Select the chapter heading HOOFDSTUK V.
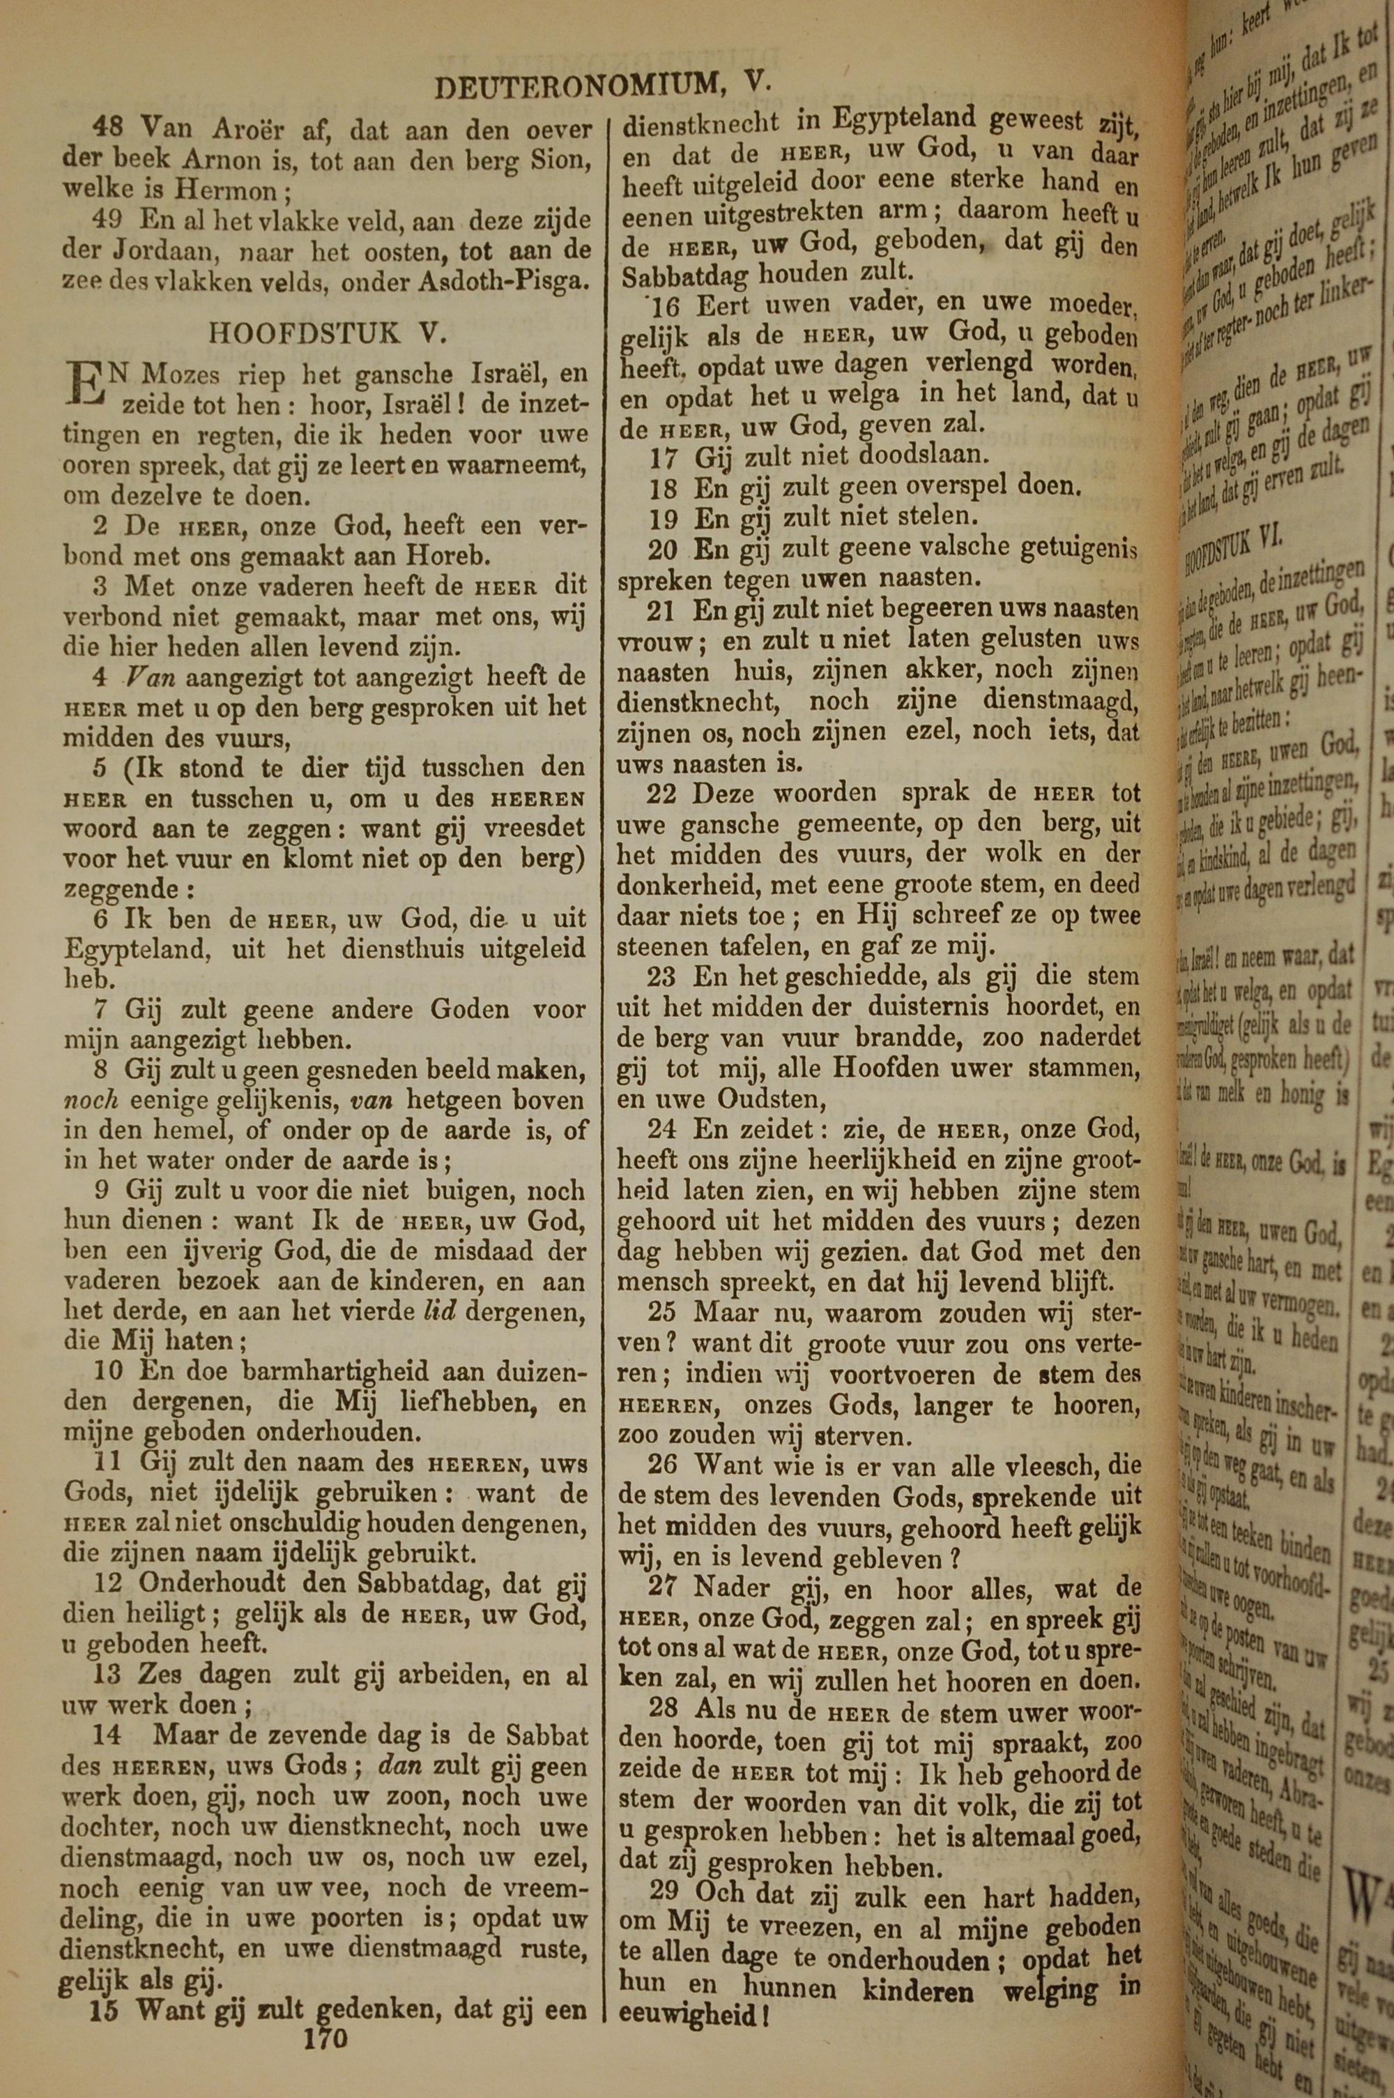point(326,333)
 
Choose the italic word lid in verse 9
point(439,1312)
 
